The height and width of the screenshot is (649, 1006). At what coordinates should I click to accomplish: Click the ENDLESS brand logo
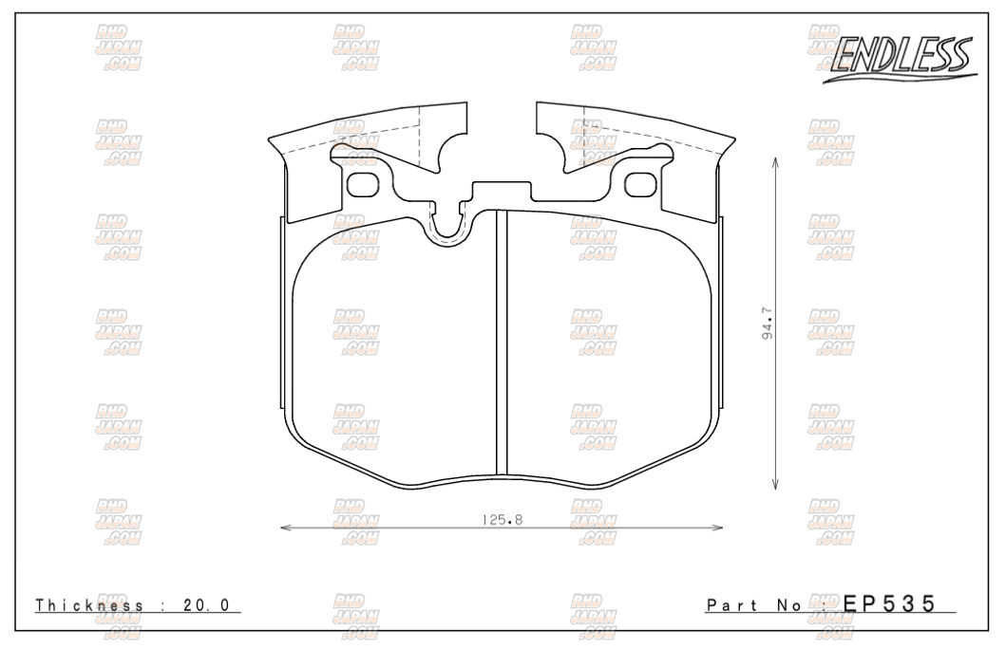898,60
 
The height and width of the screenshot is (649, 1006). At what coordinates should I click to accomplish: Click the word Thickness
89,605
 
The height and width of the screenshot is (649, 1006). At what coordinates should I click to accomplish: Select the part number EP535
889,603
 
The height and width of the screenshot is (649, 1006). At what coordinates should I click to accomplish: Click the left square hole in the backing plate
363,182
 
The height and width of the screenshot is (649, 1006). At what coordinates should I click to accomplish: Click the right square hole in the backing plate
642,182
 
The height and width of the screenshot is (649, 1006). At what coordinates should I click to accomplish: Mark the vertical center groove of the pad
503,342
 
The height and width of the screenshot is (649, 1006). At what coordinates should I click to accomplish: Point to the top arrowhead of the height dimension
777,161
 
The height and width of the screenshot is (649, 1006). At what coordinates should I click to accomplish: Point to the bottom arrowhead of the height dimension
777,486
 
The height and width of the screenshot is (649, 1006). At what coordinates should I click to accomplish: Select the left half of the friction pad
394,361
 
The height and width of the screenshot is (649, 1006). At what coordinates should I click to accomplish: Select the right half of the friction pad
608,361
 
